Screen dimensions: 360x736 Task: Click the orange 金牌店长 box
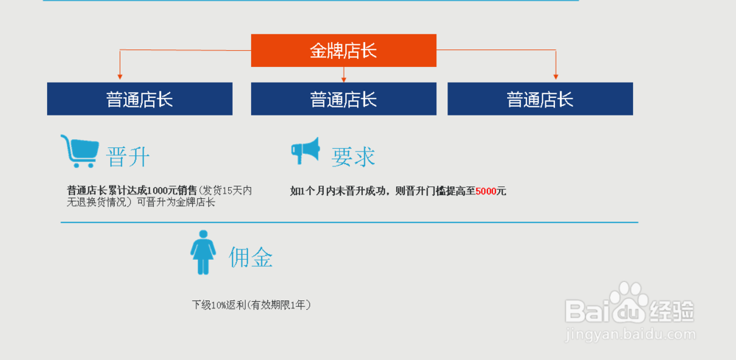(x=343, y=50)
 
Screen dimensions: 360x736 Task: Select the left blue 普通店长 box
(x=139, y=99)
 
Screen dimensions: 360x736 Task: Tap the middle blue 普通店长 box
(x=343, y=99)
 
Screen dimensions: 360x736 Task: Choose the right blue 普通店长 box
(x=539, y=99)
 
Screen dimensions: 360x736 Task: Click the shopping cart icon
(x=79, y=152)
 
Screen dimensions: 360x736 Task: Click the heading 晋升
(x=129, y=157)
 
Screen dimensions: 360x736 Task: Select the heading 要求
(x=353, y=156)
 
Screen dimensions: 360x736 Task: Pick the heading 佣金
(x=251, y=257)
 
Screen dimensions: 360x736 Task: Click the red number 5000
(x=486, y=191)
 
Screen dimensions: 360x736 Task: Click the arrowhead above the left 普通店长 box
(x=120, y=77)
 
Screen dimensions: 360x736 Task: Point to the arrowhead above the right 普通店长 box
(x=556, y=76)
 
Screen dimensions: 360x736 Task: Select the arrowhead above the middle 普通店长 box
(x=344, y=78)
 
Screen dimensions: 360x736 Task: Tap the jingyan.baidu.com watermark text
(x=629, y=336)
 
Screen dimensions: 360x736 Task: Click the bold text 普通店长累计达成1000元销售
(x=132, y=191)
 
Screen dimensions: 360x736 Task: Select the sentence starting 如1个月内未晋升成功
(x=397, y=191)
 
